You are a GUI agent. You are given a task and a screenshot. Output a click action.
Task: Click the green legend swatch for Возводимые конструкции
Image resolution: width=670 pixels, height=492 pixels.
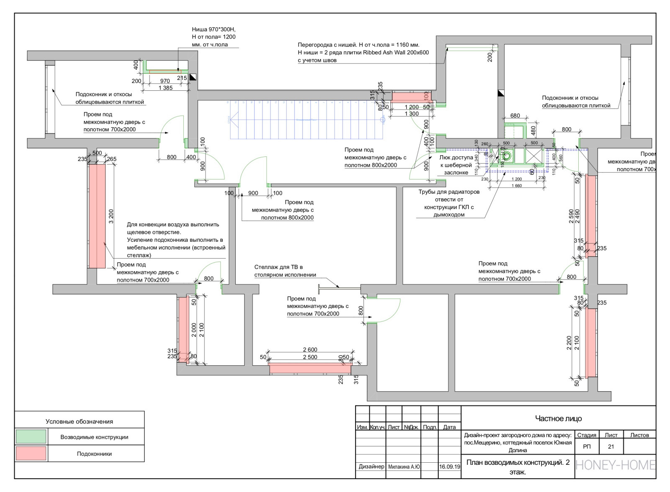coord(31,436)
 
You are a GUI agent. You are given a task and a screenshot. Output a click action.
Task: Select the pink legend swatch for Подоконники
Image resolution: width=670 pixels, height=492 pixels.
coord(31,454)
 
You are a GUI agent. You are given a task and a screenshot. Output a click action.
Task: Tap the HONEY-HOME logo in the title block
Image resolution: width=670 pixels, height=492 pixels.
coord(615,465)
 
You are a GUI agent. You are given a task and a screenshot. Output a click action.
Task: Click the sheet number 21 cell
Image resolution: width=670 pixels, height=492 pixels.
coord(611,446)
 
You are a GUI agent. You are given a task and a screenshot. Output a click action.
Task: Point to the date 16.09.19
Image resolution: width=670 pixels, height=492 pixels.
coord(449,466)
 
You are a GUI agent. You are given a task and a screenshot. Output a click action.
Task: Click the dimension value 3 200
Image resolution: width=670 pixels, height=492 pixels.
coord(111,216)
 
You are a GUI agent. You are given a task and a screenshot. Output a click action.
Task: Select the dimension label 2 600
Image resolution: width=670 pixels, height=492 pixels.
coord(310,350)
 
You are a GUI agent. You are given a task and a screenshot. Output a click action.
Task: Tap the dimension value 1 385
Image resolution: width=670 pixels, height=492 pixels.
coord(165,88)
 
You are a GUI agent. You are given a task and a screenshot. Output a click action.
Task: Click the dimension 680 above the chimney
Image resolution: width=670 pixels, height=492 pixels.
coord(515,115)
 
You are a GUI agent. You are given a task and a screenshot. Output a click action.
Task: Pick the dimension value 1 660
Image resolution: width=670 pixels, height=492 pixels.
coord(517,186)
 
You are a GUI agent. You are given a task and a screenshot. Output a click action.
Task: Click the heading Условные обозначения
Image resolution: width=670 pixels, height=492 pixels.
coord(79,421)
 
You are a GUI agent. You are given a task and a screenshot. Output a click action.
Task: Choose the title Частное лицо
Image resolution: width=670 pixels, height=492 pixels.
coord(558,418)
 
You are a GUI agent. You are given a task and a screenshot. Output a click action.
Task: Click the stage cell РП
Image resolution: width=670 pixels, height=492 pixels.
coord(587,446)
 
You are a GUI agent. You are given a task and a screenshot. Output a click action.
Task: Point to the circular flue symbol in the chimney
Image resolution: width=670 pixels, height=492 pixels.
coord(507,156)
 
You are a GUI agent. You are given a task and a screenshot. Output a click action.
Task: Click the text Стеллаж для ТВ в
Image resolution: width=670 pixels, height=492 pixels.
coord(278,267)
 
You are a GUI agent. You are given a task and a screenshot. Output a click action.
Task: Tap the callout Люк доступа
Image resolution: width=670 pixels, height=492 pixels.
coord(456,158)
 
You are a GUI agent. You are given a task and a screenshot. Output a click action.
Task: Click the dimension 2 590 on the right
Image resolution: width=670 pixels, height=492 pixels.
coord(571,216)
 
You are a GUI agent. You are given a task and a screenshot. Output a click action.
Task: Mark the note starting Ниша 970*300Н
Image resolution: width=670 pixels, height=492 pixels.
coord(214,29)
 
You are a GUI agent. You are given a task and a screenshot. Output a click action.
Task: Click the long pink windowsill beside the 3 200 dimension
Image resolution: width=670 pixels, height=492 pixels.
coord(97,216)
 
